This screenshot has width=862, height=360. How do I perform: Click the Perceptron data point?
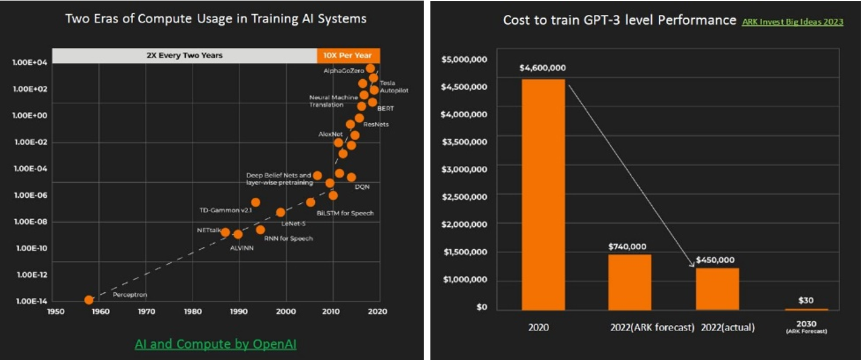[x=89, y=299]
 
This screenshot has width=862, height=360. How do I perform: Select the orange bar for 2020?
[x=543, y=194]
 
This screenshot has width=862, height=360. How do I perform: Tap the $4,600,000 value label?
[x=542, y=68]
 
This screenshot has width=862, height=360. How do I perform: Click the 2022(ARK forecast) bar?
[x=630, y=282]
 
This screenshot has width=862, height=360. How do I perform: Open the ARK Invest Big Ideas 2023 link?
[x=792, y=22]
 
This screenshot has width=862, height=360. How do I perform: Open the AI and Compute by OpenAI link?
[x=215, y=344]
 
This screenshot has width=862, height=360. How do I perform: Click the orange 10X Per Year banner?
[x=348, y=55]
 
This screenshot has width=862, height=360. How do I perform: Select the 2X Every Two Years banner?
[x=184, y=55]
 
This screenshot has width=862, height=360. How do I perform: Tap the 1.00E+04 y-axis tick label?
[x=28, y=62]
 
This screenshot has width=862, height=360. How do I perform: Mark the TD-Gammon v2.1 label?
[x=225, y=211]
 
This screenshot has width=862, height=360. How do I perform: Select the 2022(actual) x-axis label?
[x=728, y=328]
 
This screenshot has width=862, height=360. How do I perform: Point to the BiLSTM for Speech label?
[x=345, y=213]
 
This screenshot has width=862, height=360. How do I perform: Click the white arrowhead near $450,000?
[x=691, y=264]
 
